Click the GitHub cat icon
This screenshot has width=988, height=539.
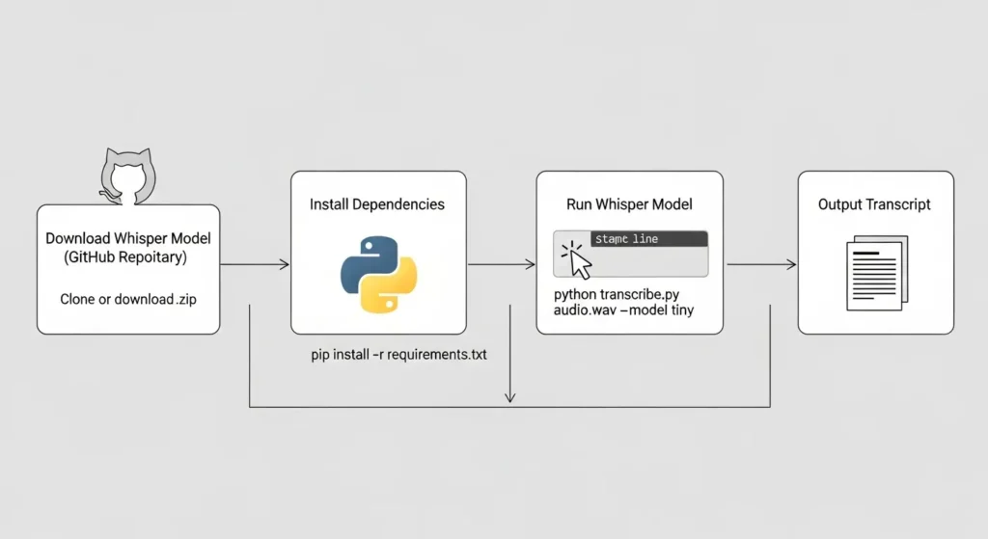tap(127, 176)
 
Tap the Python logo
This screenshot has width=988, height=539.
tap(378, 273)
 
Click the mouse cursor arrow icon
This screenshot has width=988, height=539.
tap(579, 257)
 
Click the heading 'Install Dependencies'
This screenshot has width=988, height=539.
tap(377, 204)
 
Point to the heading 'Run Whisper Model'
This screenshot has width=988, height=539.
tap(629, 204)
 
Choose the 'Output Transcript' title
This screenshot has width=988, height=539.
tap(875, 204)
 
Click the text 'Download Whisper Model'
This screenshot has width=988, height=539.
tap(127, 238)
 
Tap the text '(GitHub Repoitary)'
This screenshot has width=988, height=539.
tap(127, 257)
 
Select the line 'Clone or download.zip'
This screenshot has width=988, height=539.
tap(127, 299)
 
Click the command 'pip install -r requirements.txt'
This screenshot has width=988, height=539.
tap(398, 355)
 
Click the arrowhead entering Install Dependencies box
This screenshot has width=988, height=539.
tap(286, 264)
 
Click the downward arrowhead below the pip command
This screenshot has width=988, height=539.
tap(510, 397)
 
